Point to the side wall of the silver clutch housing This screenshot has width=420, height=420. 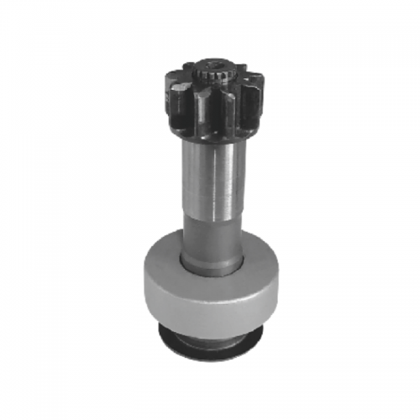coord(210,298)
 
